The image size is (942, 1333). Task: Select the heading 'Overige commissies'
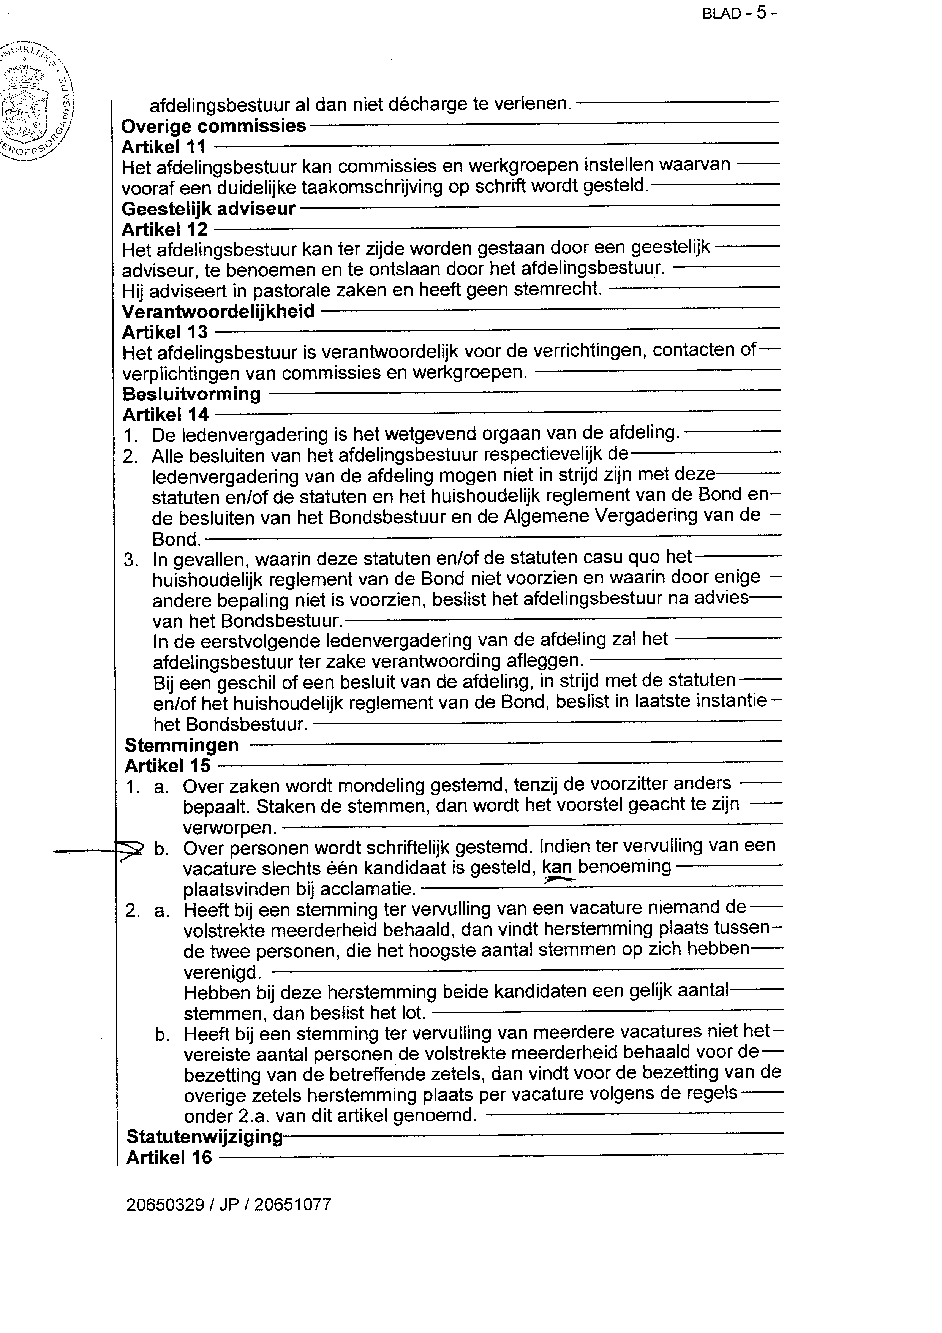tap(213, 126)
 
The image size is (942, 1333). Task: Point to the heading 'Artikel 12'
tap(164, 229)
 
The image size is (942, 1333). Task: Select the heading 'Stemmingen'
tap(182, 745)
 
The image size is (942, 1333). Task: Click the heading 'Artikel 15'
tap(168, 766)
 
